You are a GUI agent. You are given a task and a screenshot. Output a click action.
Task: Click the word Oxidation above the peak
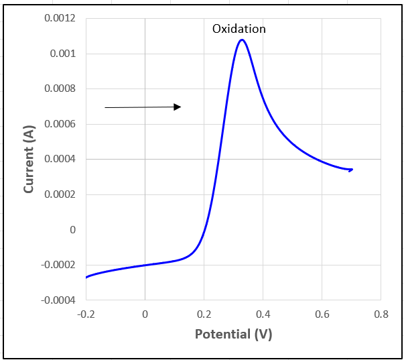click(239, 29)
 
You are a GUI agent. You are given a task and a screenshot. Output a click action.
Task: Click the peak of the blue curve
click(241, 40)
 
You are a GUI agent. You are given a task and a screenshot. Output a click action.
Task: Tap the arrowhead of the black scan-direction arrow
click(178, 107)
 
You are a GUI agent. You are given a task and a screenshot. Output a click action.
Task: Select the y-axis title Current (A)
click(29, 159)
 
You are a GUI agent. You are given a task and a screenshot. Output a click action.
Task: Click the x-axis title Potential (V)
click(233, 334)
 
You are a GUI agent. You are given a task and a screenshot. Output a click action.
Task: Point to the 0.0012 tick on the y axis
click(60, 18)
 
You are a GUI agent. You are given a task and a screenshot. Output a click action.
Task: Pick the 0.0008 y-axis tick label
click(60, 88)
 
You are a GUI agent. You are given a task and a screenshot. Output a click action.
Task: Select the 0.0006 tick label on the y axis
click(60, 124)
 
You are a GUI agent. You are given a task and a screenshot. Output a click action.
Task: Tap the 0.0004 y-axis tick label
click(60, 160)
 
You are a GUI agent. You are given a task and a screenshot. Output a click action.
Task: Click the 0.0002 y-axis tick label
click(60, 194)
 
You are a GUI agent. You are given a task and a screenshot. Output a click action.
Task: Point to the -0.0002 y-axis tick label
click(59, 265)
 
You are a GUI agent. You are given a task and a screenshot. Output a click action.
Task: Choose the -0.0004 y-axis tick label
click(59, 300)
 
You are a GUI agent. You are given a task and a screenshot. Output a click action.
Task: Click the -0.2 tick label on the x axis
click(85, 314)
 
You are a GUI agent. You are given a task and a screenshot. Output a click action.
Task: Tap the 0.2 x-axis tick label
click(204, 314)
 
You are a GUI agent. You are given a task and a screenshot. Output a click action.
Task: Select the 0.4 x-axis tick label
click(263, 314)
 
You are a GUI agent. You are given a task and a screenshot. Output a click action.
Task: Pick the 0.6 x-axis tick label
click(322, 314)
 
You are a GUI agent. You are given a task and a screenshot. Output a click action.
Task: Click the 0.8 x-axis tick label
click(381, 314)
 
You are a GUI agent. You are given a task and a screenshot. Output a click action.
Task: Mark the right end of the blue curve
click(350, 170)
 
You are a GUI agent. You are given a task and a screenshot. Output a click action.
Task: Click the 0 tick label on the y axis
click(73, 230)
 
